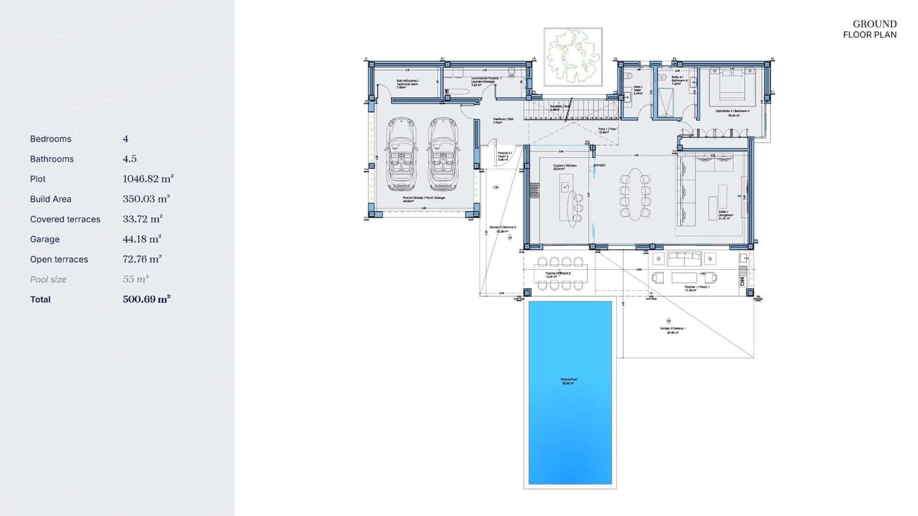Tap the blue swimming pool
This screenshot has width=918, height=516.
click(x=570, y=392)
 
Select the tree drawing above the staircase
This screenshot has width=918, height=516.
click(x=573, y=57)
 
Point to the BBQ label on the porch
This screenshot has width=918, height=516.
click(x=742, y=281)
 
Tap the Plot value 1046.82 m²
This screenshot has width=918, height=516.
click(x=148, y=179)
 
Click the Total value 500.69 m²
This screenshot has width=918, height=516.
click(x=146, y=300)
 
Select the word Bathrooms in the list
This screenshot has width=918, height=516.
click(x=52, y=159)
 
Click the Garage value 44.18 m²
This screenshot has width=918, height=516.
click(x=142, y=239)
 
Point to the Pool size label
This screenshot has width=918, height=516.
click(x=48, y=280)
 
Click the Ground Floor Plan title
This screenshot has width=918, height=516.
click(x=870, y=29)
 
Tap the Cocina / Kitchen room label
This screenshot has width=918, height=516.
click(x=565, y=167)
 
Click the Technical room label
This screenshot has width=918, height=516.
click(x=407, y=83)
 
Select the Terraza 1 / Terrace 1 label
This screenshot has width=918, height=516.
click(x=672, y=330)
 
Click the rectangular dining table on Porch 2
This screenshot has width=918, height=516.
click(x=561, y=273)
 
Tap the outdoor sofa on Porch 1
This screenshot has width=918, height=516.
click(x=684, y=258)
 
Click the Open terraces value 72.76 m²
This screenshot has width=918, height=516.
click(x=142, y=259)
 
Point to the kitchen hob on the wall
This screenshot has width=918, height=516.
click(x=535, y=191)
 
